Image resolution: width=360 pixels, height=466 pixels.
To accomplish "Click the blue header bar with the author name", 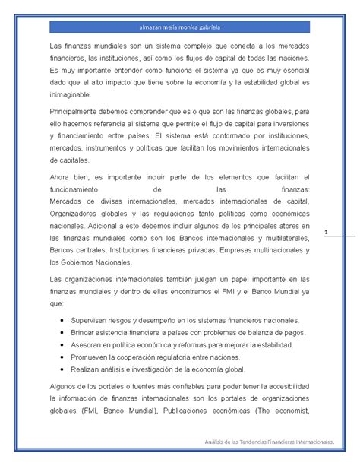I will click(x=179, y=27).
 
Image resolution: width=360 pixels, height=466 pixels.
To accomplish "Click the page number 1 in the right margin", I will click(x=325, y=232).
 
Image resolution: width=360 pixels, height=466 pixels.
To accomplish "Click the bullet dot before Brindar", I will click(x=61, y=333).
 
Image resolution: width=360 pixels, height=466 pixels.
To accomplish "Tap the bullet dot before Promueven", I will click(x=61, y=357).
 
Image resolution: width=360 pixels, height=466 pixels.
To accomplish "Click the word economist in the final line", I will click(x=286, y=412).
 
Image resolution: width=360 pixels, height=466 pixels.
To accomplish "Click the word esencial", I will click(x=291, y=71).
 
